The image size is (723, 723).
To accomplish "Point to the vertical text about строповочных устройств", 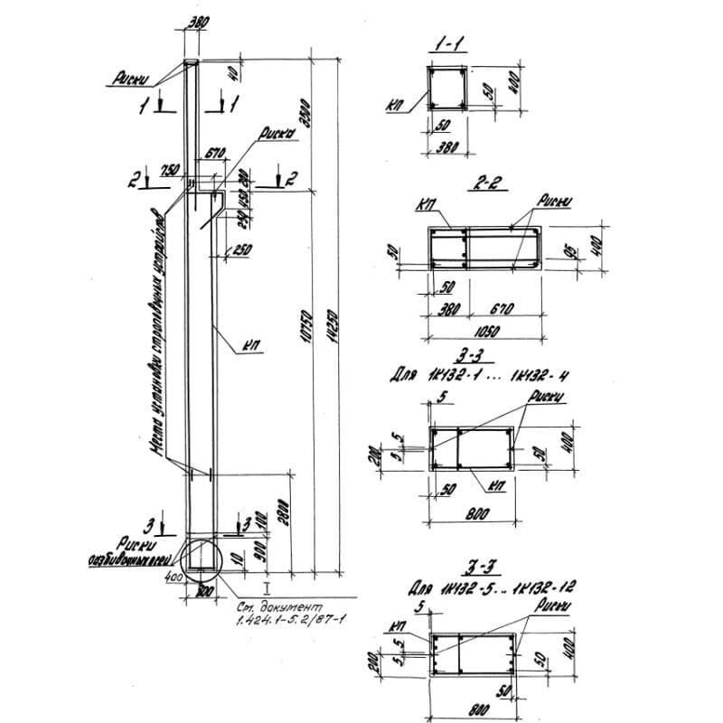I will click(157, 334).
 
